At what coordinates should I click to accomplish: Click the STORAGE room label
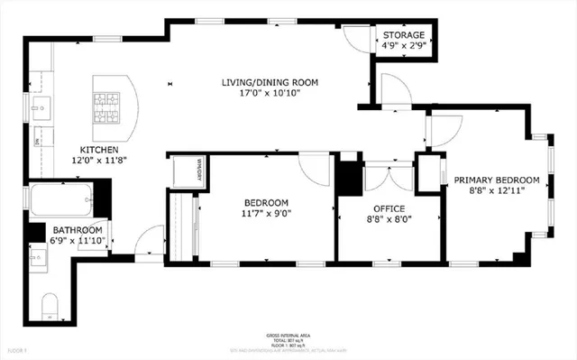point(404,34)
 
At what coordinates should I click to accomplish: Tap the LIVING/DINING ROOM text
point(270,82)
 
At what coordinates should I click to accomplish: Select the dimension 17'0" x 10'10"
point(270,93)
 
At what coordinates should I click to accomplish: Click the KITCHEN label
point(100,149)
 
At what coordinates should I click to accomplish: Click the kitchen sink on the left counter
point(41,109)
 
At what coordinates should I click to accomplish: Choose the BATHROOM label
point(77,230)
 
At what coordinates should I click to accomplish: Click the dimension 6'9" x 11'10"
point(77,241)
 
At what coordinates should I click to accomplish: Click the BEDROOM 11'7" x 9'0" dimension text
point(266,214)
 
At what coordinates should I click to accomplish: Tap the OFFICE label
point(389,207)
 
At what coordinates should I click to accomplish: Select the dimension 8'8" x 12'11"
point(496,190)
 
